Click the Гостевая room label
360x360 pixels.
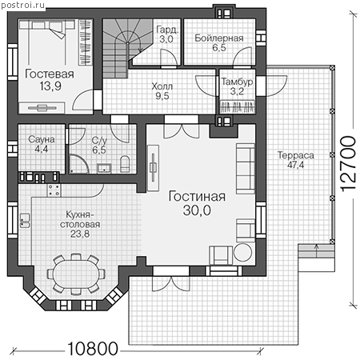click(x=50, y=74)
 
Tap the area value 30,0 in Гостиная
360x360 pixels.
click(x=197, y=210)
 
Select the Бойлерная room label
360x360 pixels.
click(x=219, y=38)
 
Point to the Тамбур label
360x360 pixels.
click(x=237, y=82)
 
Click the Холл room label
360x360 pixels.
click(x=162, y=86)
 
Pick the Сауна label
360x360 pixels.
click(x=42, y=139)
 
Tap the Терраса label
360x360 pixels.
click(x=296, y=155)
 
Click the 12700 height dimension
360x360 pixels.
click(x=348, y=164)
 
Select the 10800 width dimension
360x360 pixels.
click(x=93, y=348)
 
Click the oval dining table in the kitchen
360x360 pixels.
click(x=76, y=274)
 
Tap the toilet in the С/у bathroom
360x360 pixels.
click(x=125, y=164)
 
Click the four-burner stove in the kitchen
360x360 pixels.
click(x=54, y=190)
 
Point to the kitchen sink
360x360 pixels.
click(x=25, y=221)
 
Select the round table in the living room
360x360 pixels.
click(x=242, y=252)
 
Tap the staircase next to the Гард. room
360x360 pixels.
click(x=125, y=48)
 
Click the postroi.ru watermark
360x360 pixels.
click(x=22, y=5)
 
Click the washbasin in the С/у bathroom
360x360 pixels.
click(x=104, y=168)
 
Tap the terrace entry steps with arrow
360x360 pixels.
click(x=316, y=250)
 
